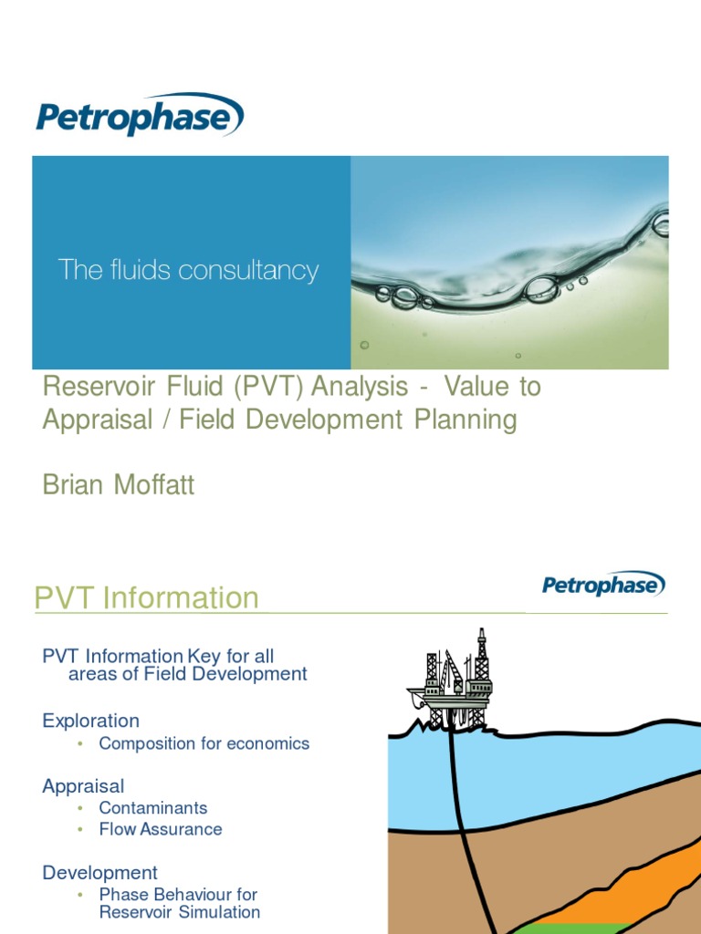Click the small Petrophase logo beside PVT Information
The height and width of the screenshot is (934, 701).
(603, 584)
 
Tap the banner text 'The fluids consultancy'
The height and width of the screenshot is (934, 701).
(188, 270)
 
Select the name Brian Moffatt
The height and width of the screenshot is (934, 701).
(119, 485)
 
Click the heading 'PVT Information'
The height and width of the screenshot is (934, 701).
(146, 598)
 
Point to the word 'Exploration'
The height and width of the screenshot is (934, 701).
(90, 721)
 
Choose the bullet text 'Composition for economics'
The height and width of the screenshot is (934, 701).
(204, 743)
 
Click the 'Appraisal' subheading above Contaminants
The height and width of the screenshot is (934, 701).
(83, 786)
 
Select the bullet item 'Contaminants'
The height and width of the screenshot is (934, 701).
(153, 808)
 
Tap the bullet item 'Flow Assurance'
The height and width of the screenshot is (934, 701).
(161, 829)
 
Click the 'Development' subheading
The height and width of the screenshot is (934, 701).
(99, 873)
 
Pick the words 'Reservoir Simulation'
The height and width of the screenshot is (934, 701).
(180, 912)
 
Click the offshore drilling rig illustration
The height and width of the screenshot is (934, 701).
(452, 682)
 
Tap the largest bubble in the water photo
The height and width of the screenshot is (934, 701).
(540, 289)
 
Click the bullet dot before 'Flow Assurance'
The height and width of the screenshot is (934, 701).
(80, 830)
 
